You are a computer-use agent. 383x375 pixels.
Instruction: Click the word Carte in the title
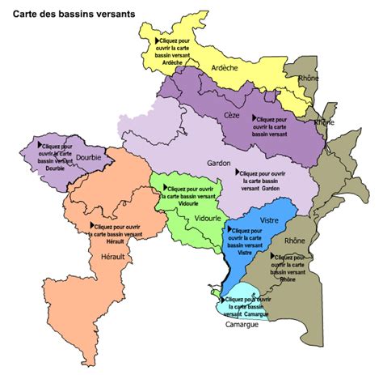[26, 14]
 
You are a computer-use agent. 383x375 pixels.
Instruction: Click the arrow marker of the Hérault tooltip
[93, 226]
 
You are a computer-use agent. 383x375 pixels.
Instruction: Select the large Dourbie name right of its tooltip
[89, 159]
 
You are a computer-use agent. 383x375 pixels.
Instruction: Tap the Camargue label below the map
[242, 325]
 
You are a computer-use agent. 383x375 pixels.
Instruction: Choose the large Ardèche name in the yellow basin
[224, 68]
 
